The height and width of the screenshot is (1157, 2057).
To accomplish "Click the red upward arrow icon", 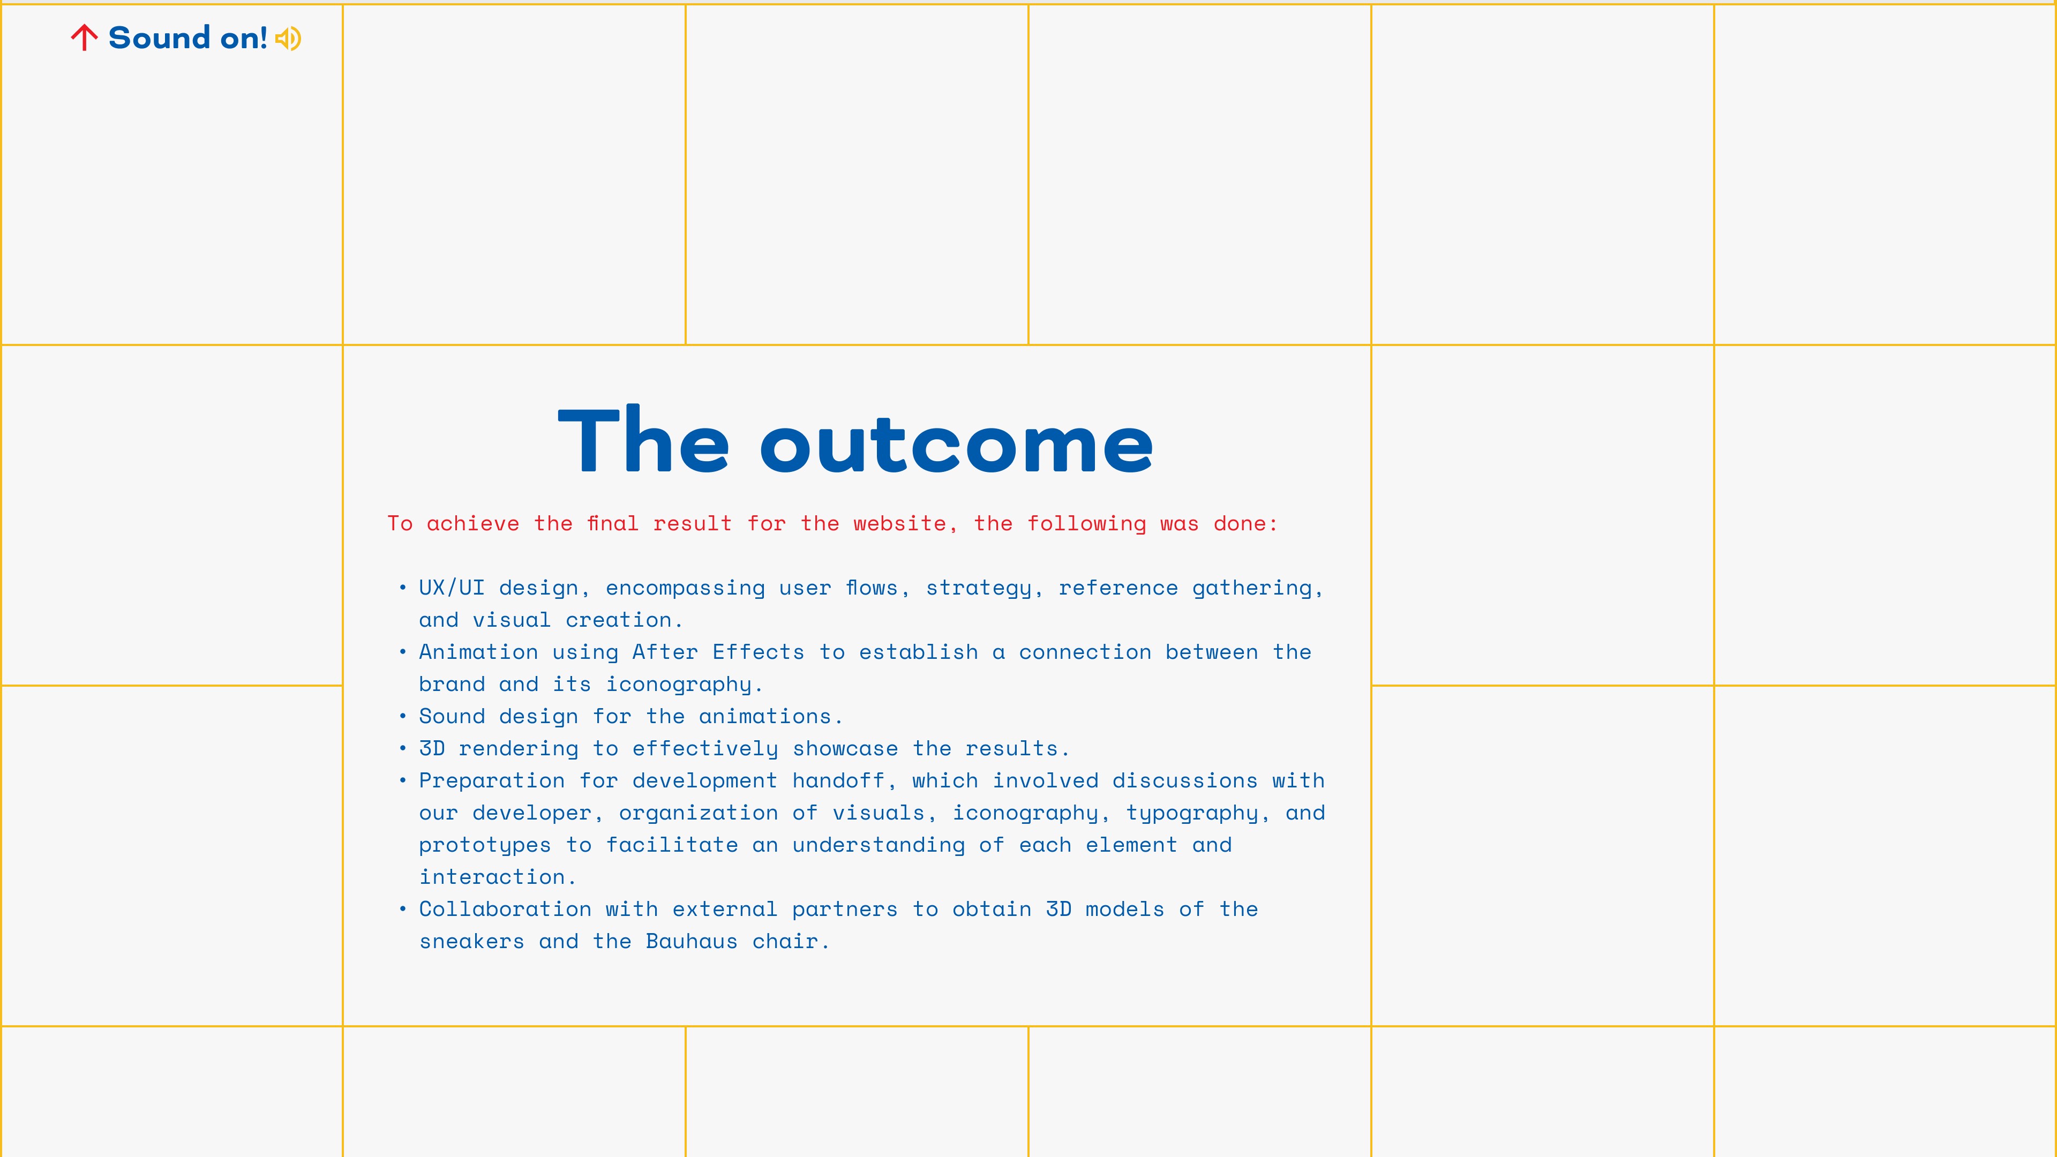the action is [x=84, y=37].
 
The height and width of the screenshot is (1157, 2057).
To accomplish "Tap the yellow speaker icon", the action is [x=288, y=39].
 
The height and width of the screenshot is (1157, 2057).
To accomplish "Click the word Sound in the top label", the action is [x=160, y=37].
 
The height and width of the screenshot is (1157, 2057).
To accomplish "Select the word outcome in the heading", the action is [x=957, y=445].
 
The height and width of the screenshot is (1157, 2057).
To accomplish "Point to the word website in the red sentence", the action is [x=899, y=524].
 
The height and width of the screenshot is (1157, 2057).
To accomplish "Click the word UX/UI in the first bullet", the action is [x=451, y=588].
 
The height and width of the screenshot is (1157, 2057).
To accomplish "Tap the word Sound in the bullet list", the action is [x=452, y=716].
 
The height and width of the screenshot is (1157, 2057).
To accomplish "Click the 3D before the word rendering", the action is [x=432, y=748].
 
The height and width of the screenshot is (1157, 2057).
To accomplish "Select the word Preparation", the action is [x=492, y=781].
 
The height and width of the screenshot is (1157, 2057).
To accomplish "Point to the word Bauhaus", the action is [x=692, y=942].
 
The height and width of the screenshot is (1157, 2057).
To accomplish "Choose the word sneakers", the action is [x=472, y=942].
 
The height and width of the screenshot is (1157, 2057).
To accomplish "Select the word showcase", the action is [x=845, y=748].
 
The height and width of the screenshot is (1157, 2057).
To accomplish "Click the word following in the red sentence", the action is [x=1086, y=524].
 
